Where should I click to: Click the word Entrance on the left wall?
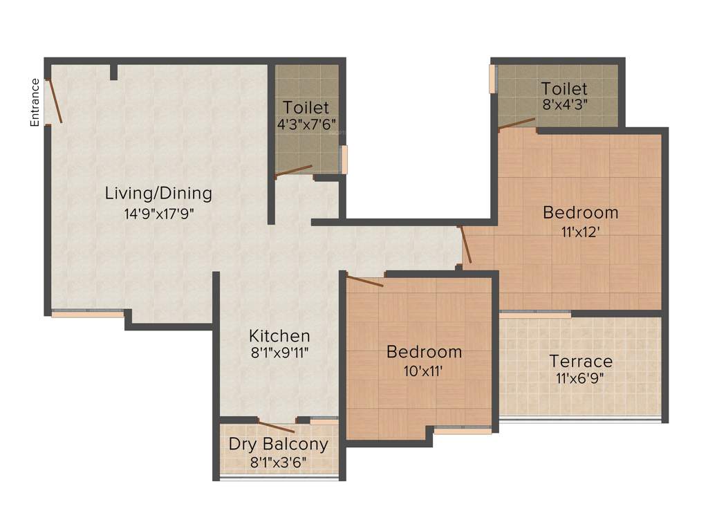pyautogui.click(x=35, y=102)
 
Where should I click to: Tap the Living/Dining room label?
pyautogui.click(x=158, y=193)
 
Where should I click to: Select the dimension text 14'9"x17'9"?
pyautogui.click(x=158, y=214)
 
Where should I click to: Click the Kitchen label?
pyautogui.click(x=279, y=336)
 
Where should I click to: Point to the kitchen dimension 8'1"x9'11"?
pyautogui.click(x=279, y=353)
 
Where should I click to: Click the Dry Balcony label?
pyautogui.click(x=279, y=444)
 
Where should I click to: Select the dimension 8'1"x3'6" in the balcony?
pyautogui.click(x=279, y=461)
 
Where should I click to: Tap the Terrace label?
pyautogui.click(x=581, y=361)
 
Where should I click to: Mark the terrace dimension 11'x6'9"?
pyautogui.click(x=581, y=378)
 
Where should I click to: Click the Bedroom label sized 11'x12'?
pyautogui.click(x=580, y=212)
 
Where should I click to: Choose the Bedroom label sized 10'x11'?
pyautogui.click(x=424, y=352)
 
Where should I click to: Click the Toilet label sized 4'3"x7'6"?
pyautogui.click(x=306, y=108)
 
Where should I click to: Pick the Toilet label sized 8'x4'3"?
pyautogui.click(x=564, y=88)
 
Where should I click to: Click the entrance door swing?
pyautogui.click(x=54, y=102)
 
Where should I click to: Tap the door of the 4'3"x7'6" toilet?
pyautogui.click(x=293, y=171)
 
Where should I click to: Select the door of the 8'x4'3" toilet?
pyautogui.click(x=516, y=124)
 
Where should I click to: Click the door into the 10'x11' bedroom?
pyautogui.click(x=364, y=281)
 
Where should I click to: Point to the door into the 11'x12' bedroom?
pyautogui.click(x=465, y=245)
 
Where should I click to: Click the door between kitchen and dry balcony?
pyautogui.click(x=276, y=427)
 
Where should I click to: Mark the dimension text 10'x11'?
pyautogui.click(x=424, y=371)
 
